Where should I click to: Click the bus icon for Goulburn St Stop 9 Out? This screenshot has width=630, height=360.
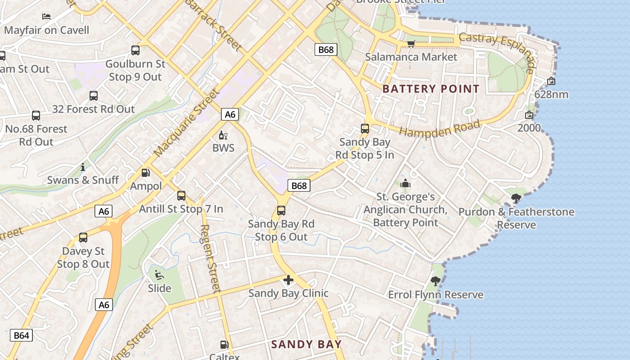point(135,50)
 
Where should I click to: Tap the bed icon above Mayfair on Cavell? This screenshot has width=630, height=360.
point(46,17)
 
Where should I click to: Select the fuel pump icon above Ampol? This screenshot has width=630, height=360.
point(145,173)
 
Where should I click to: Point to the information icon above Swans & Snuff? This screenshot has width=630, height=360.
point(83,167)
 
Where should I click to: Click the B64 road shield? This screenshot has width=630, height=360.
point(21,335)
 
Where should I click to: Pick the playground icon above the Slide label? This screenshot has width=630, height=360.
point(158,274)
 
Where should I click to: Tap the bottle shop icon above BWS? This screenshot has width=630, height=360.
point(223,135)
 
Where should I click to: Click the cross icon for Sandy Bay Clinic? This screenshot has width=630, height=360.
point(288,280)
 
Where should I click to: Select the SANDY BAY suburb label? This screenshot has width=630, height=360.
point(306,345)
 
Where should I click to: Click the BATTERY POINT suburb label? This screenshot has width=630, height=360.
point(431,89)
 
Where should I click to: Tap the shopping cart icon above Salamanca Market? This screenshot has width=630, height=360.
point(411,44)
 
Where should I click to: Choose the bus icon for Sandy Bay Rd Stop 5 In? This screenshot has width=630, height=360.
point(365,129)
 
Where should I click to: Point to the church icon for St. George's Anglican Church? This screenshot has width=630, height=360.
point(405,183)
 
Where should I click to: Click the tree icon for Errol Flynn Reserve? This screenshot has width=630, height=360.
point(435,282)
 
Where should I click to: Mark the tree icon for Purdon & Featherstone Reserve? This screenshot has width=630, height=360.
point(516,198)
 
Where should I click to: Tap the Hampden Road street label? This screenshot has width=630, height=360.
point(440,129)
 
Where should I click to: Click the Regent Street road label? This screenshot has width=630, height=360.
point(210,259)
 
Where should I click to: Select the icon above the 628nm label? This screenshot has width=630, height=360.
point(551,81)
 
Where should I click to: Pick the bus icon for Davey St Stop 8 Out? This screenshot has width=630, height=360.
point(83,238)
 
